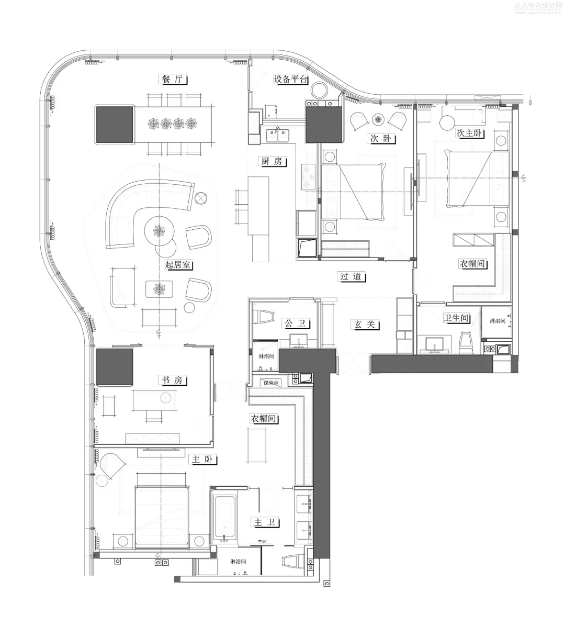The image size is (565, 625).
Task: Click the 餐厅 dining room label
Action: tap(173, 80)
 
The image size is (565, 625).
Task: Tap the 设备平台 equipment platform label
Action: tap(291, 80)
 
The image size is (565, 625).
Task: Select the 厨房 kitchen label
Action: tap(272, 161)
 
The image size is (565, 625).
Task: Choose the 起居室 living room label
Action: tap(178, 265)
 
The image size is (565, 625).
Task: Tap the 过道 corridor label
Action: tap(351, 277)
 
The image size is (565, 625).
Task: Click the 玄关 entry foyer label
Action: tap(365, 325)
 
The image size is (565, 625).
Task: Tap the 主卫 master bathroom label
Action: tap(266, 522)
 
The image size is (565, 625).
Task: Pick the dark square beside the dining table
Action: tap(114, 125)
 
